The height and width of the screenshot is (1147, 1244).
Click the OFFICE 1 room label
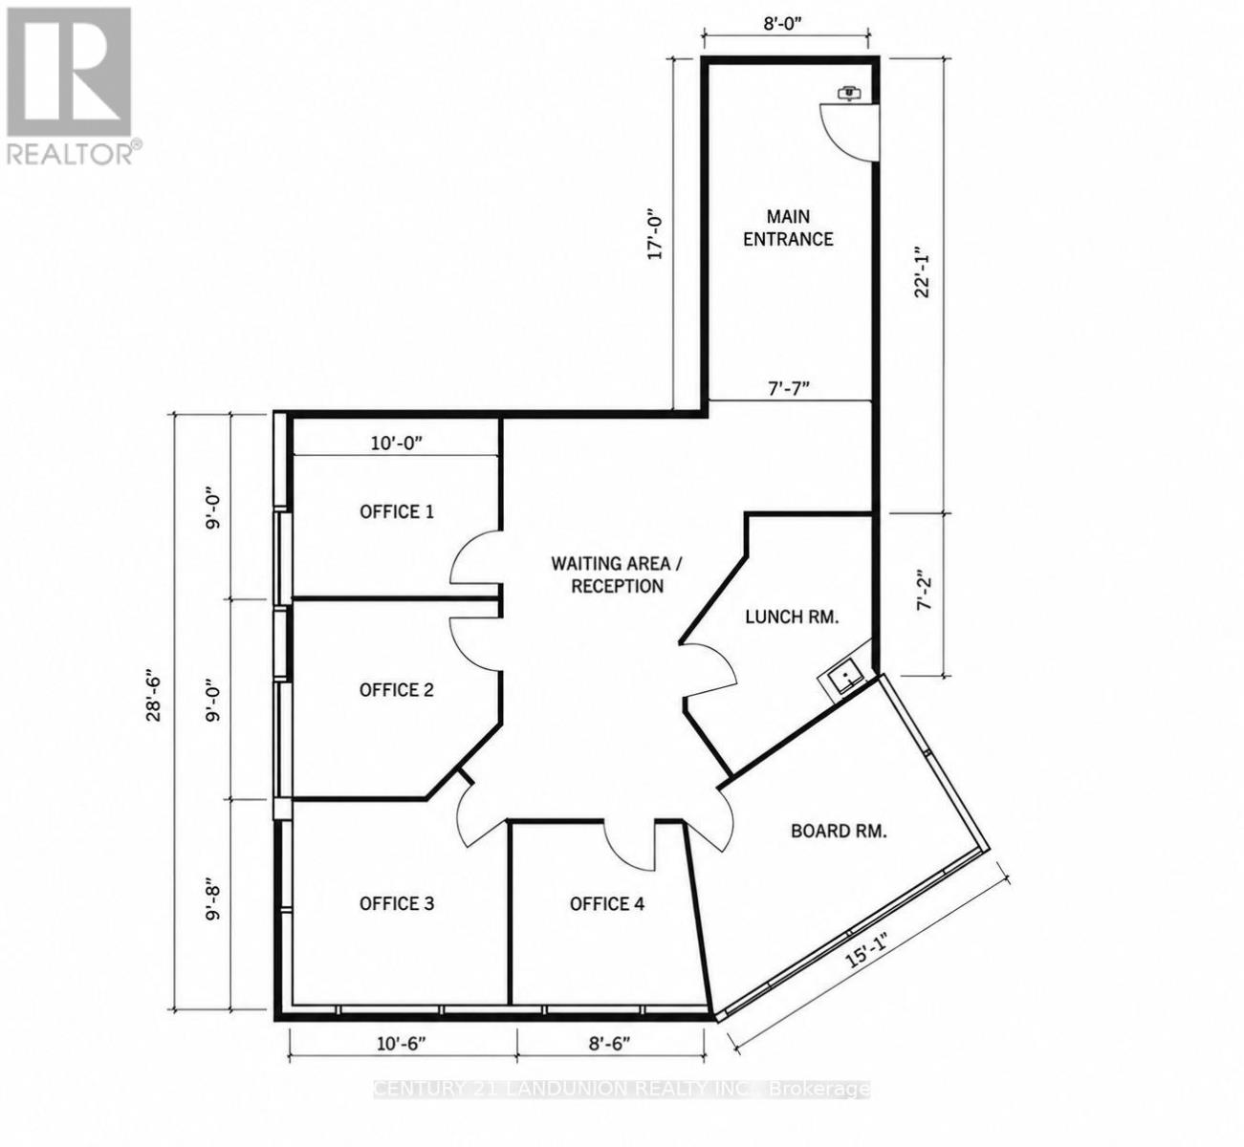(397, 511)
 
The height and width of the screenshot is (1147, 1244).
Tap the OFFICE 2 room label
(397, 690)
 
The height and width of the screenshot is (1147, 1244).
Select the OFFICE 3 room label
(397, 903)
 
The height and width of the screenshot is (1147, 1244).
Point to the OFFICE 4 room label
(607, 904)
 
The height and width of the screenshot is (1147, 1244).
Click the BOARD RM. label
(839, 832)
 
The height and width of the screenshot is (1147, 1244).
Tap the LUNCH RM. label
(792, 617)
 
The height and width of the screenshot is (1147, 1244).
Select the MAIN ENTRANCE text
(788, 228)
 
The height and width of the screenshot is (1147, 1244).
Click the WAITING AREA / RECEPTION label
(617, 574)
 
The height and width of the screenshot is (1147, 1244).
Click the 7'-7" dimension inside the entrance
(789, 388)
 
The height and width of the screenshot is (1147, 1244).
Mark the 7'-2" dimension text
(924, 590)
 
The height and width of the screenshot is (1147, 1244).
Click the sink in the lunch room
(844, 679)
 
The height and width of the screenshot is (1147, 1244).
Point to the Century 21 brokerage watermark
(622, 1090)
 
